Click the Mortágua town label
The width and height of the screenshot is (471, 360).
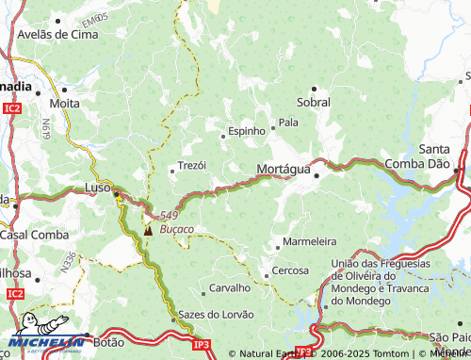pos(283,169)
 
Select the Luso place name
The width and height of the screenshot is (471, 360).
pos(97,188)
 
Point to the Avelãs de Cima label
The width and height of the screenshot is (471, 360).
pos(57,34)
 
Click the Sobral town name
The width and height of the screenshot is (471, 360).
pos(313,101)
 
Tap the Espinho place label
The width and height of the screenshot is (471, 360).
pos(246,131)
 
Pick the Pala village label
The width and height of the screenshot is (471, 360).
pos(288,123)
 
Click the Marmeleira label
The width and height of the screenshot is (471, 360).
pos(310,240)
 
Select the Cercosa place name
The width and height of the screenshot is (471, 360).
pos(290,270)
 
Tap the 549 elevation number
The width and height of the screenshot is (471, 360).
pos(169,215)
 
